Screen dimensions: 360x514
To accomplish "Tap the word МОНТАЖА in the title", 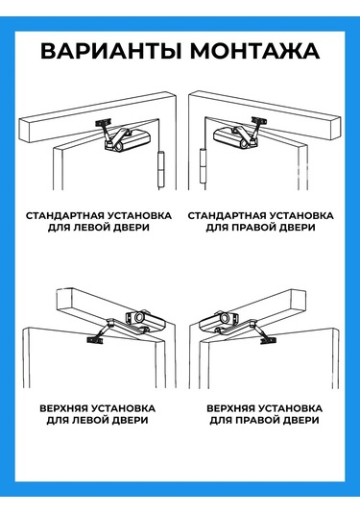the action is coord(255,51).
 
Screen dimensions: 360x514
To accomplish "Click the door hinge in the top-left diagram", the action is coord(161,169).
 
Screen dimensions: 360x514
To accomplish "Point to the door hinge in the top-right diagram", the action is coord(204,165).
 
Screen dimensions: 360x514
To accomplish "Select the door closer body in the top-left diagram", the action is coord(129,140).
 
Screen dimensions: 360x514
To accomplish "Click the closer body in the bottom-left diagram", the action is coord(146,321).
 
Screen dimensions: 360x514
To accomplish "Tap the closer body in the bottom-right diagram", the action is coord(218,321).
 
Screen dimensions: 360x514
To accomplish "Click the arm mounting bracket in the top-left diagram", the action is coord(103,123).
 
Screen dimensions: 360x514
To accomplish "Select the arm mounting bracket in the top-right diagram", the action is coord(259,121).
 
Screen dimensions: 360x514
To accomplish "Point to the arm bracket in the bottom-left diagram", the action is coord(95,340).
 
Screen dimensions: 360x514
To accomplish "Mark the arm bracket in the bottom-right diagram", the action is coord(268,341).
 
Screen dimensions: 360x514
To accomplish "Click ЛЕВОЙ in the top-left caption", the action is coord(89,227).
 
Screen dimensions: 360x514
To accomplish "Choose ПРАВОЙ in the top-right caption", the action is coord(254,227).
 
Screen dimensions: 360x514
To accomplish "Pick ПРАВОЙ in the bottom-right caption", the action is coord(259,420).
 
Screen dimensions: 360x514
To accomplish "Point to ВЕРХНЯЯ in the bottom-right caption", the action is coord(231,408).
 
